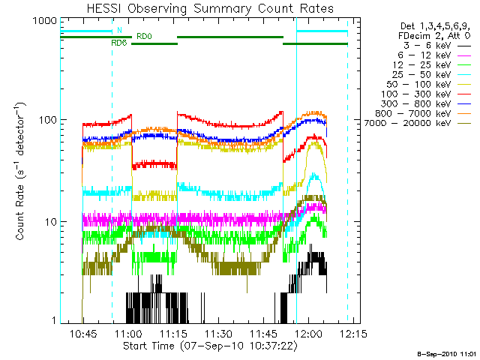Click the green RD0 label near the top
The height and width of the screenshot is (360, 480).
tap(144, 35)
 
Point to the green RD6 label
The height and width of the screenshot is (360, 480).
tap(118, 43)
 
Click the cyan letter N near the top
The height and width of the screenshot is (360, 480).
tap(118, 31)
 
